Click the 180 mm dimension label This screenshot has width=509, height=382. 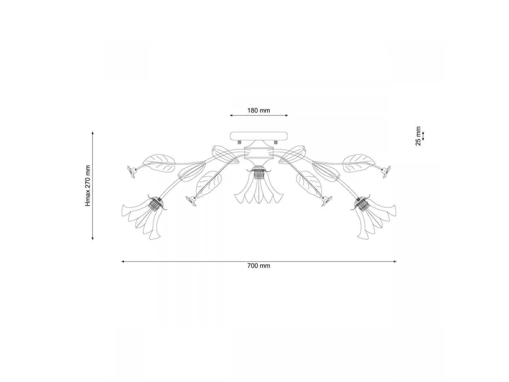point(259,110)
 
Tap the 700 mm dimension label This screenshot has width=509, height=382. point(259,266)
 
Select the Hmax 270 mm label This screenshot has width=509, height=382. point(88,185)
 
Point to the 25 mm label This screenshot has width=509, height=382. point(418,136)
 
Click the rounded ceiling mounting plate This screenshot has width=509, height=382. point(259,136)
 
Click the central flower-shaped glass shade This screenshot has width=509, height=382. point(259,192)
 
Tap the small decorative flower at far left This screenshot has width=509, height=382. point(131,171)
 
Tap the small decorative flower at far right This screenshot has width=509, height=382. point(386,171)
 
